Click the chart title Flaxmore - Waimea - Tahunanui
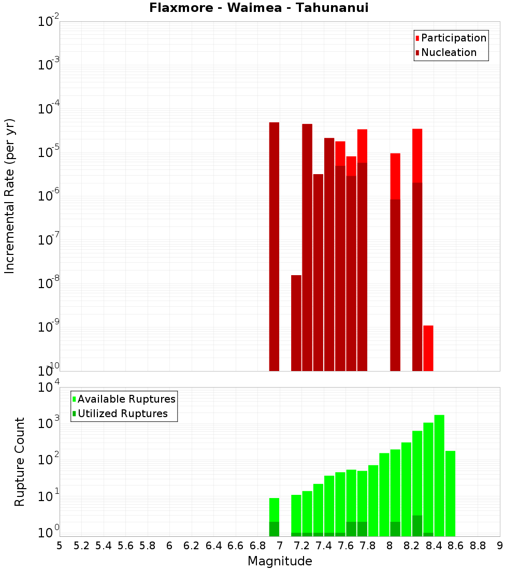pyautogui.click(x=258, y=8)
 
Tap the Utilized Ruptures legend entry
pyautogui.click(x=122, y=414)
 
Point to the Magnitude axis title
pyautogui.click(x=280, y=561)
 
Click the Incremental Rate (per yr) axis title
pyautogui.click(x=10, y=196)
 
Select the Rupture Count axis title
pyautogui.click(x=20, y=461)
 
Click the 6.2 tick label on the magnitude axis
pyautogui.click(x=191, y=546)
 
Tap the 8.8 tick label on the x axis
pyautogui.click(x=478, y=546)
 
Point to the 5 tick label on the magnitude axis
pyautogui.click(x=60, y=546)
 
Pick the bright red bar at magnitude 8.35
pyautogui.click(x=428, y=348)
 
